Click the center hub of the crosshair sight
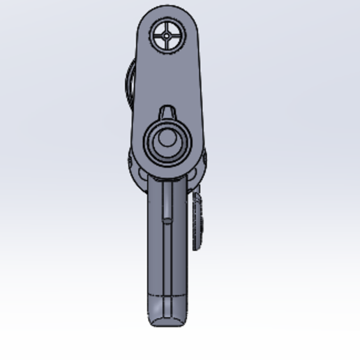[x=167, y=33]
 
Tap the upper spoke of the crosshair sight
[x=167, y=25]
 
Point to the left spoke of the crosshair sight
[x=159, y=33]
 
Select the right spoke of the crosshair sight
[x=176, y=33]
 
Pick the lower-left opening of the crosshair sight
[x=162, y=39]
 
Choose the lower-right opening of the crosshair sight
[x=173, y=39]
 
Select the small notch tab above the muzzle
[x=167, y=112]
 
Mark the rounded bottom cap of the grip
[x=169, y=317]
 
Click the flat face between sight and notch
[x=167, y=77]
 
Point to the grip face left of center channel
[x=156, y=244]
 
